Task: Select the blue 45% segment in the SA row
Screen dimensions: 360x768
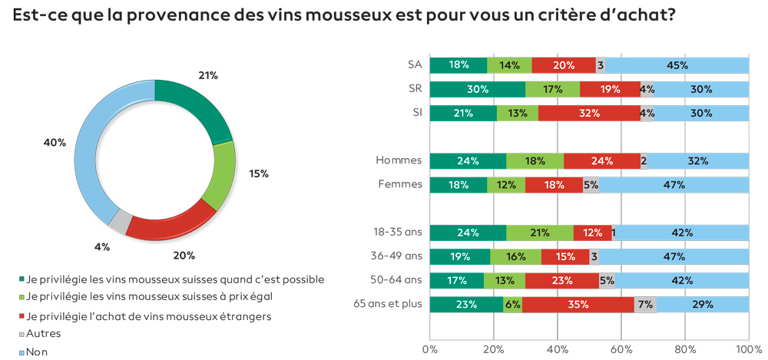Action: pyautogui.click(x=677, y=65)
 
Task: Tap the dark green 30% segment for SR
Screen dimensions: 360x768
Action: pyautogui.click(x=477, y=89)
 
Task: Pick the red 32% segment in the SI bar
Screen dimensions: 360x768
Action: pyautogui.click(x=589, y=114)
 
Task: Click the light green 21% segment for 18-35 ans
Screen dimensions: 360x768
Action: pyautogui.click(x=540, y=233)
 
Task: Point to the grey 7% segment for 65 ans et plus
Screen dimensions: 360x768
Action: pyautogui.click(x=645, y=305)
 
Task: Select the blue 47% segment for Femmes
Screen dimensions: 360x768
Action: pyautogui.click(x=674, y=185)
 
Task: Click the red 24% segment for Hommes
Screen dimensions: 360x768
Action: pyautogui.click(x=602, y=161)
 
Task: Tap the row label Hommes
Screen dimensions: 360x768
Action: pyautogui.click(x=399, y=161)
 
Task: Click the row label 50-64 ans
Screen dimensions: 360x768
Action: pyautogui.click(x=396, y=280)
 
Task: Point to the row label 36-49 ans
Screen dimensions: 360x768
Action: pyautogui.click(x=396, y=256)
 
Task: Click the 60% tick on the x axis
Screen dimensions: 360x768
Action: pyautogui.click(x=621, y=349)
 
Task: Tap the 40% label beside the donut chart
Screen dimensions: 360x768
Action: pyautogui.click(x=55, y=143)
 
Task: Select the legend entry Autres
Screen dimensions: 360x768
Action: pyautogui.click(x=43, y=334)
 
